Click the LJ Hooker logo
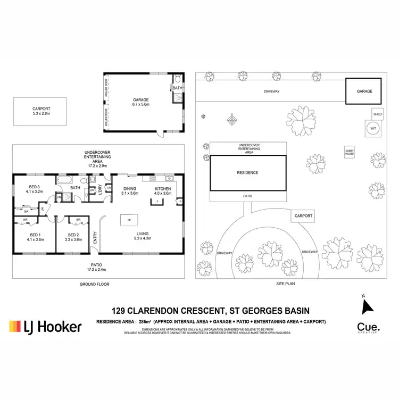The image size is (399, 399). [45, 326]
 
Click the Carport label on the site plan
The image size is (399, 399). [302, 215]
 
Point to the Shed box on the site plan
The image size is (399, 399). [377, 114]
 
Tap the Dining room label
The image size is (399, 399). [129, 191]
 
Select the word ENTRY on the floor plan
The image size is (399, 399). [95, 237]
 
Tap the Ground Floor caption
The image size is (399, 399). [94, 284]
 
